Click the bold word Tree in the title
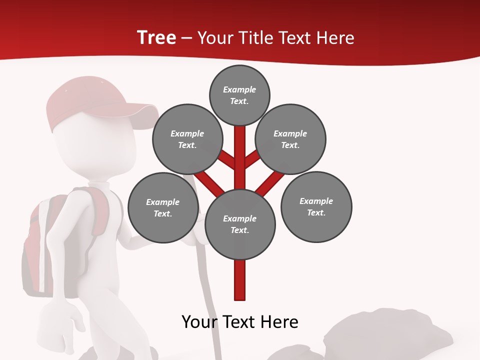coord(156,37)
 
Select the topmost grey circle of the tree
coord(239,95)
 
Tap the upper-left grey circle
coord(187,139)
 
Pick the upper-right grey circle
coord(290,139)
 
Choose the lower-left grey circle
coord(162,207)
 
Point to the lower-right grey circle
coord(316,206)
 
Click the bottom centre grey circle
coord(239,224)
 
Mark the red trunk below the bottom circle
coord(239,280)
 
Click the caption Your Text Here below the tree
coord(239,322)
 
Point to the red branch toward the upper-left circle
coord(226,160)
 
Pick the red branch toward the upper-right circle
coord(252,159)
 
